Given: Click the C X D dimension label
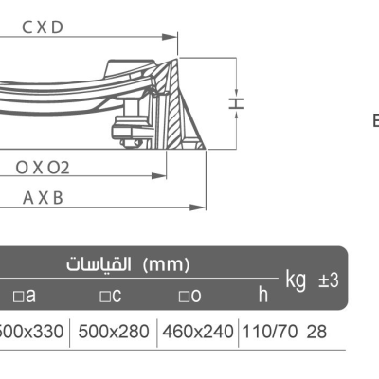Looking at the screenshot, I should [x=44, y=27].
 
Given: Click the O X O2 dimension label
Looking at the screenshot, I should [x=43, y=167].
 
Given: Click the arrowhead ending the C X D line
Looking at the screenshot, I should [x=172, y=39].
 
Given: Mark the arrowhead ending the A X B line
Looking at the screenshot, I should [x=202, y=207].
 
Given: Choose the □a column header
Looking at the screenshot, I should [x=25, y=296].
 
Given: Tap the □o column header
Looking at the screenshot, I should [x=189, y=296].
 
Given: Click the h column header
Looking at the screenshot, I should [x=263, y=295].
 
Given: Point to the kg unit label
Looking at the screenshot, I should [x=296, y=280].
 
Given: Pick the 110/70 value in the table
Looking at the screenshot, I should [x=268, y=333].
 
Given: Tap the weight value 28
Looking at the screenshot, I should [x=316, y=333].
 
